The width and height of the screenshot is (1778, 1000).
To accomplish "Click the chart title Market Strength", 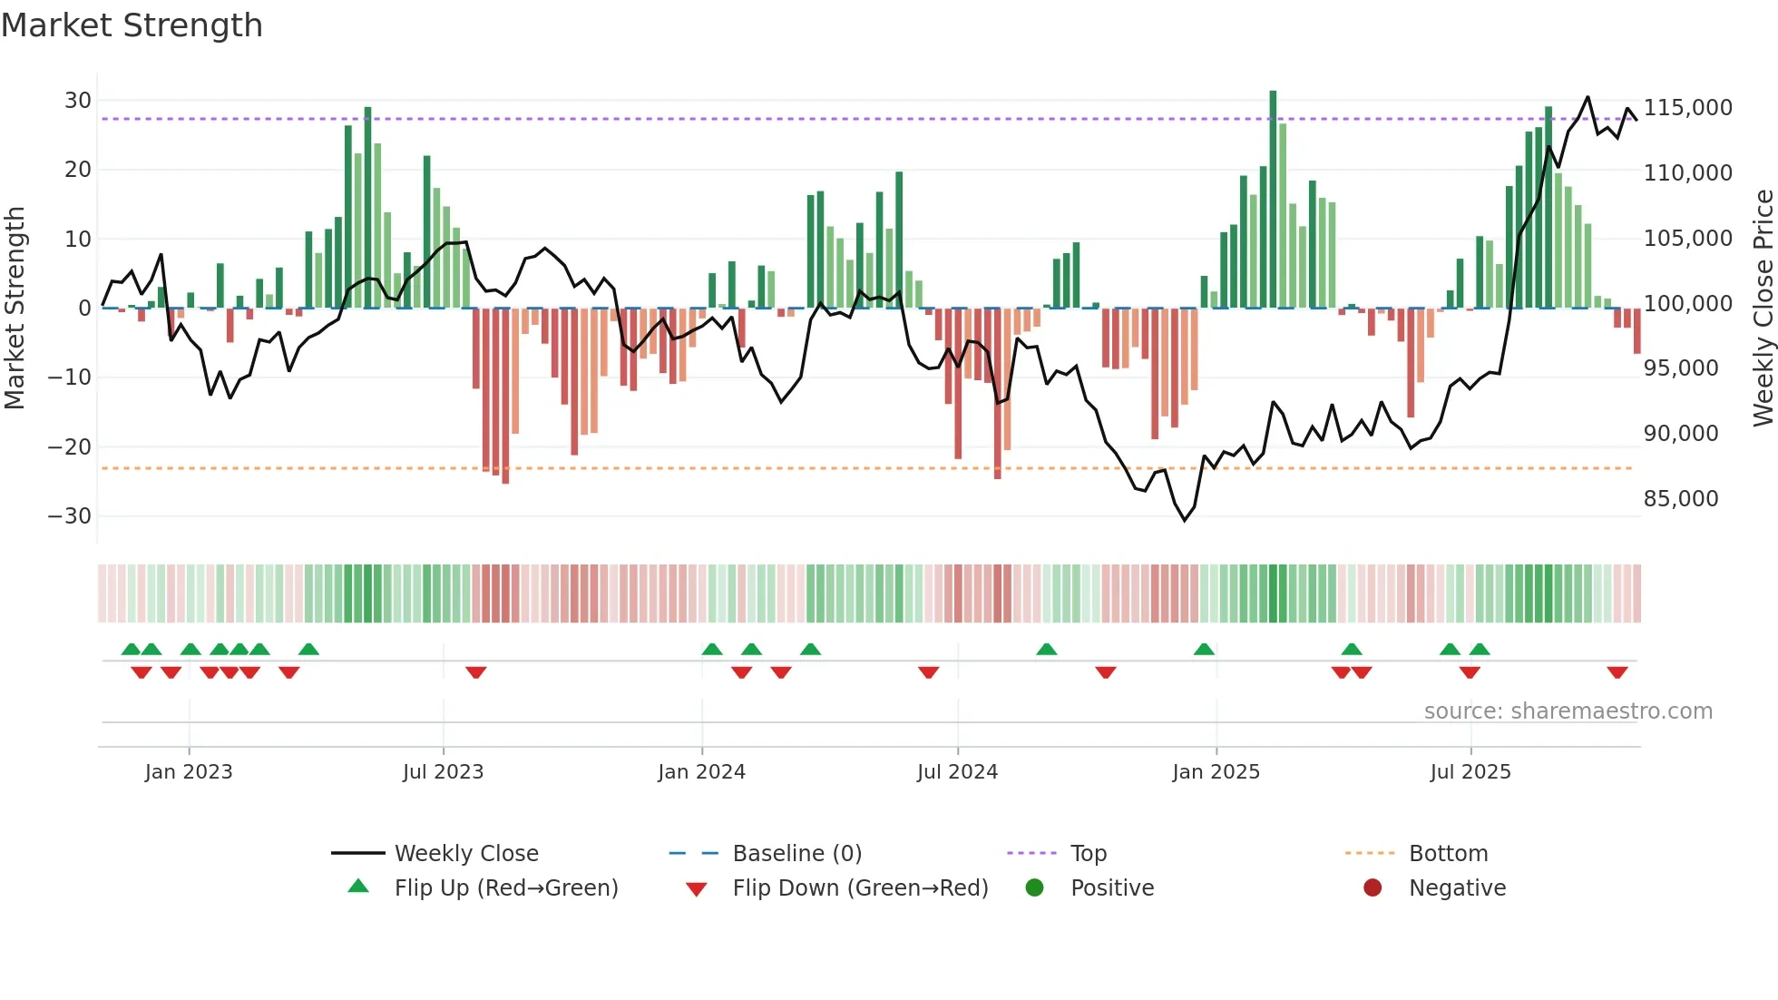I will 132,25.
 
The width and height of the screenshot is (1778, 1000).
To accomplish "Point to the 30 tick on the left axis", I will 77,101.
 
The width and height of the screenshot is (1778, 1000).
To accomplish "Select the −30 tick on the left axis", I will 70,516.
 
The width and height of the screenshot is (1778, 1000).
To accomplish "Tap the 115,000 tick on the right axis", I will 1687,108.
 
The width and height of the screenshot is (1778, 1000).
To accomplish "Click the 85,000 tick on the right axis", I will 1680,499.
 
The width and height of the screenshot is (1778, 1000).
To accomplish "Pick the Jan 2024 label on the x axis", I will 701,772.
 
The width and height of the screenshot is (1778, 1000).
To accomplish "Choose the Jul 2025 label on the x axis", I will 1470,772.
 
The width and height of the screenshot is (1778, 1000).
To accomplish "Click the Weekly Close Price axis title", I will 1763,308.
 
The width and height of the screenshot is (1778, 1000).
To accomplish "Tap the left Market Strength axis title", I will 15,308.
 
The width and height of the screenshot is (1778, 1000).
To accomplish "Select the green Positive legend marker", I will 1034,887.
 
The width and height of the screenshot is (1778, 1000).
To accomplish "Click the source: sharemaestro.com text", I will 1568,711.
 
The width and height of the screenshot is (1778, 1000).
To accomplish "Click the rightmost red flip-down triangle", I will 1617,672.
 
